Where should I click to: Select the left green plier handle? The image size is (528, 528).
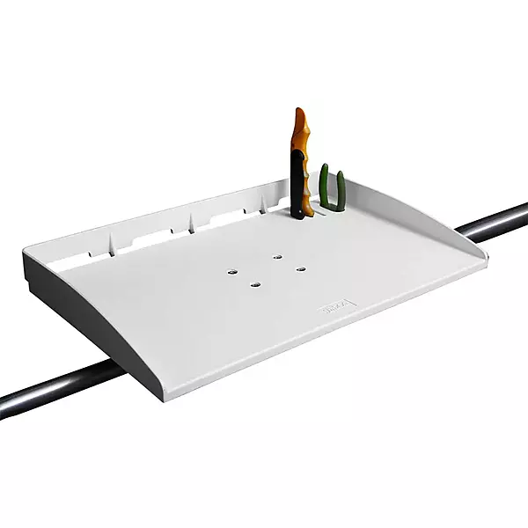click(324, 185)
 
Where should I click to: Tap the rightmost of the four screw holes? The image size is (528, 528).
click(300, 268)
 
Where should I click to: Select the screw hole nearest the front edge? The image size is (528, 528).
click(256, 284)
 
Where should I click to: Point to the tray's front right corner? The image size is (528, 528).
click(485, 258)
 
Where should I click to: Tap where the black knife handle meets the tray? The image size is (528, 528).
click(301, 215)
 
